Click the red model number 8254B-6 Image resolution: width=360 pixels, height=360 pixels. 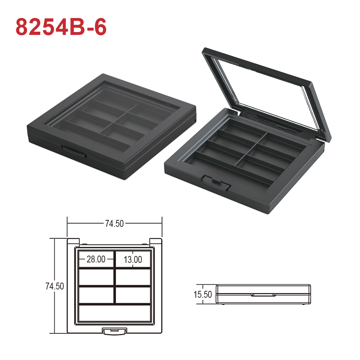[x=61, y=27]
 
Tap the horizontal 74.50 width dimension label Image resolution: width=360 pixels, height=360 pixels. [x=114, y=224]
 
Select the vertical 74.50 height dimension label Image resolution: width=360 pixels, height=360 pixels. [x=55, y=286]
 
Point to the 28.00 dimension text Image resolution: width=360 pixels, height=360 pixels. [x=96, y=259]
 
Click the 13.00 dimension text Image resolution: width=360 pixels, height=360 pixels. [x=133, y=260]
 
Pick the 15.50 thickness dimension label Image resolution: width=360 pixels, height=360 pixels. [x=203, y=294]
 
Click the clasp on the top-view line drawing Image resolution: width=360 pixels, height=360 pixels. [x=114, y=331]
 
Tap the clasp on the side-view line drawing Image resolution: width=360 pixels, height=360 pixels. [x=264, y=294]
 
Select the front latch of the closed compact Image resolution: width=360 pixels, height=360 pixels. [x=74, y=151]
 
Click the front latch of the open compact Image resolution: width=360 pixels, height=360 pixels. [x=215, y=182]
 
